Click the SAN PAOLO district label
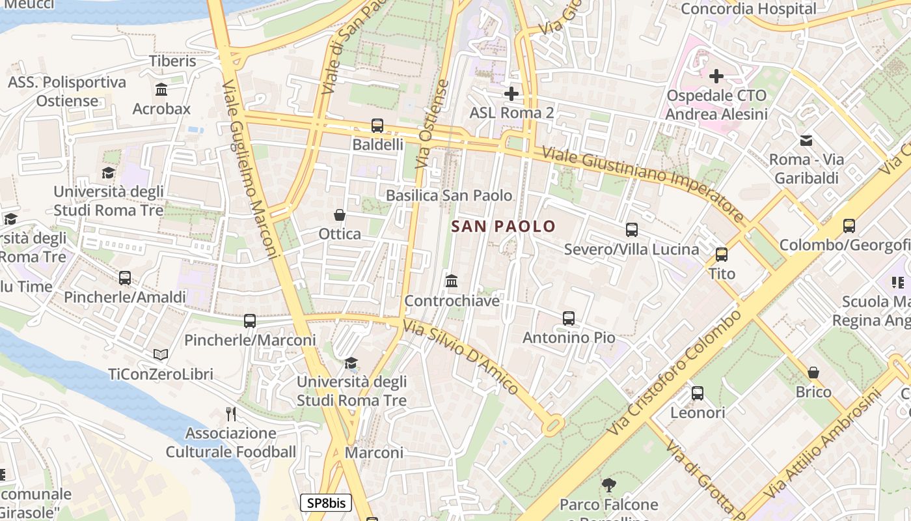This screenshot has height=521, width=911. [x=503, y=227]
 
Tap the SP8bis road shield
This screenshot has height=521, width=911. [x=326, y=503]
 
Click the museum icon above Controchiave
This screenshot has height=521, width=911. [x=452, y=281]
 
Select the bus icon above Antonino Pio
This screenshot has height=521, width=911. [x=569, y=318]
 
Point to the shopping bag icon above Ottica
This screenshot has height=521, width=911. [x=340, y=215]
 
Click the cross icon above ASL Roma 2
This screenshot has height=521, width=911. [x=511, y=94]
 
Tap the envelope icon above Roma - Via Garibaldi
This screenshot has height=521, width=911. [x=806, y=140]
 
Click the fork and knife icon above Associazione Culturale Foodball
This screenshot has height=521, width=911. [x=230, y=414]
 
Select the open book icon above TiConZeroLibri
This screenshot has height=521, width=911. [x=161, y=355]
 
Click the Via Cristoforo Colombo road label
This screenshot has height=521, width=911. [x=674, y=373]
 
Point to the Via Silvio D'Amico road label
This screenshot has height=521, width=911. [x=461, y=357]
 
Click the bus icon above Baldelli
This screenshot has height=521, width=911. [x=377, y=125]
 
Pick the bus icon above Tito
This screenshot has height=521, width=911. [x=722, y=255]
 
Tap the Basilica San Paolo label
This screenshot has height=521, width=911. [x=449, y=195]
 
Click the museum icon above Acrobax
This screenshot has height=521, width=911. [x=161, y=89]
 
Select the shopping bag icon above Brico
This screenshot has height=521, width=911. [x=813, y=373]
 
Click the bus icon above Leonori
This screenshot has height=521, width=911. [x=698, y=393]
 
